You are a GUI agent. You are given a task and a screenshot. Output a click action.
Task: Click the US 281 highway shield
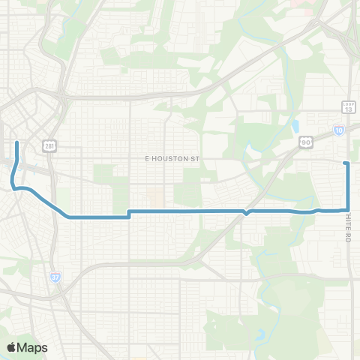(x=49, y=145)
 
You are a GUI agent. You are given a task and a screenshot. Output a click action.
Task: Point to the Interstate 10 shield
(x=339, y=130)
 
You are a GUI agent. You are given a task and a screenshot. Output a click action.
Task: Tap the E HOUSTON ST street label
(x=174, y=159)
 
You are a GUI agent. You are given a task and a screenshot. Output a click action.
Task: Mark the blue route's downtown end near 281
(x=16, y=141)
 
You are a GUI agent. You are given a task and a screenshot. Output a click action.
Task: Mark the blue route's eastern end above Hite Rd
(x=345, y=163)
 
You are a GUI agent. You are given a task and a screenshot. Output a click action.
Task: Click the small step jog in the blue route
(x=130, y=214)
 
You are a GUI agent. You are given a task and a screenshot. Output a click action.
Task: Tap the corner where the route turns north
(x=349, y=210)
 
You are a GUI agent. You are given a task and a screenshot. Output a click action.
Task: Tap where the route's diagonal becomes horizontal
(x=70, y=217)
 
